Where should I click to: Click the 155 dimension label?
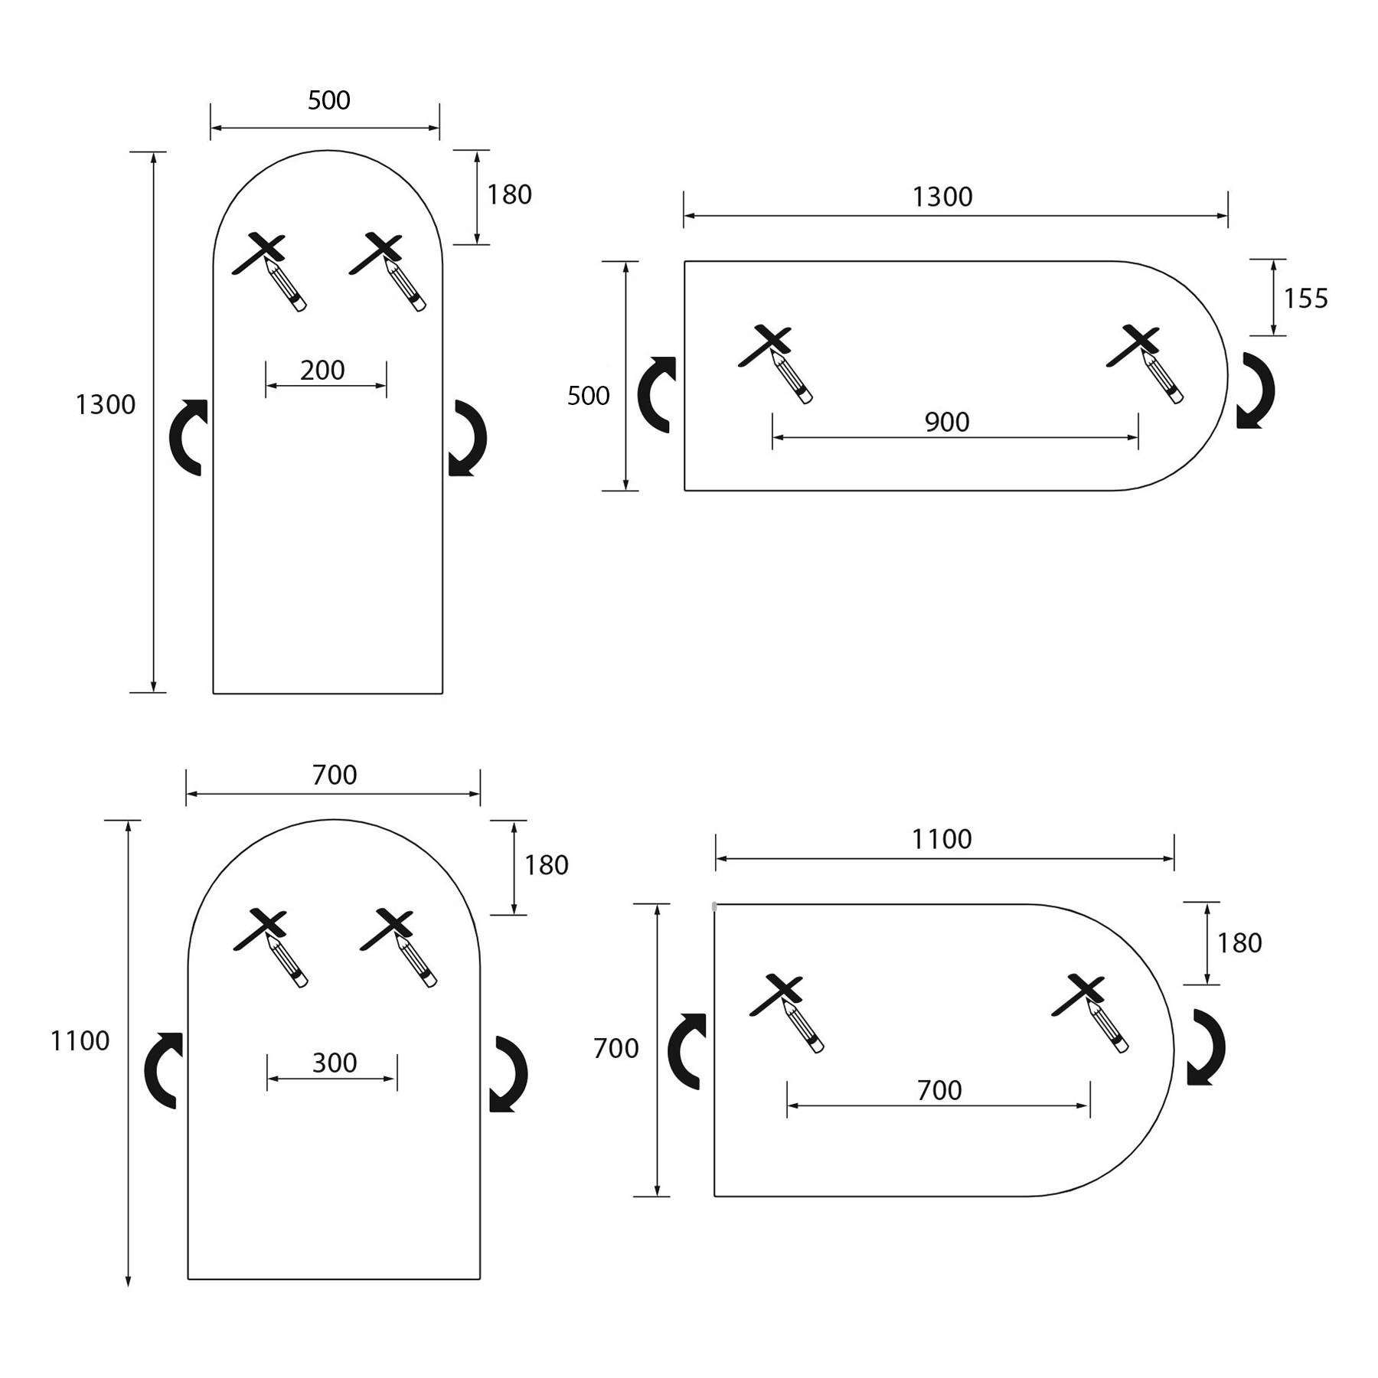click(1305, 298)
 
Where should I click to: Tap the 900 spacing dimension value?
click(947, 422)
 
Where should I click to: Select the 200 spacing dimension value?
click(322, 371)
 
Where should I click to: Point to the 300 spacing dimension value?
click(335, 1063)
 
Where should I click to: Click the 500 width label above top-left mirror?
click(329, 100)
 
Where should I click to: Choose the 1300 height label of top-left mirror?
click(106, 404)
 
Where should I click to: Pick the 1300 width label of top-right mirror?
click(942, 198)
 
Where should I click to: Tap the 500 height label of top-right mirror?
click(588, 396)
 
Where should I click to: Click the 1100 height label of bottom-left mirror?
click(80, 1041)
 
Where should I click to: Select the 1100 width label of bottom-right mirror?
click(942, 840)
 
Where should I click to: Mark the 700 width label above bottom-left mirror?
click(335, 776)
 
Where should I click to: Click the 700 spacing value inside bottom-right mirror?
click(939, 1090)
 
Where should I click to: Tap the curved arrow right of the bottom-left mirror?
click(508, 1073)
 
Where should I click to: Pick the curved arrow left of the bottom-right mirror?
click(687, 1050)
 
